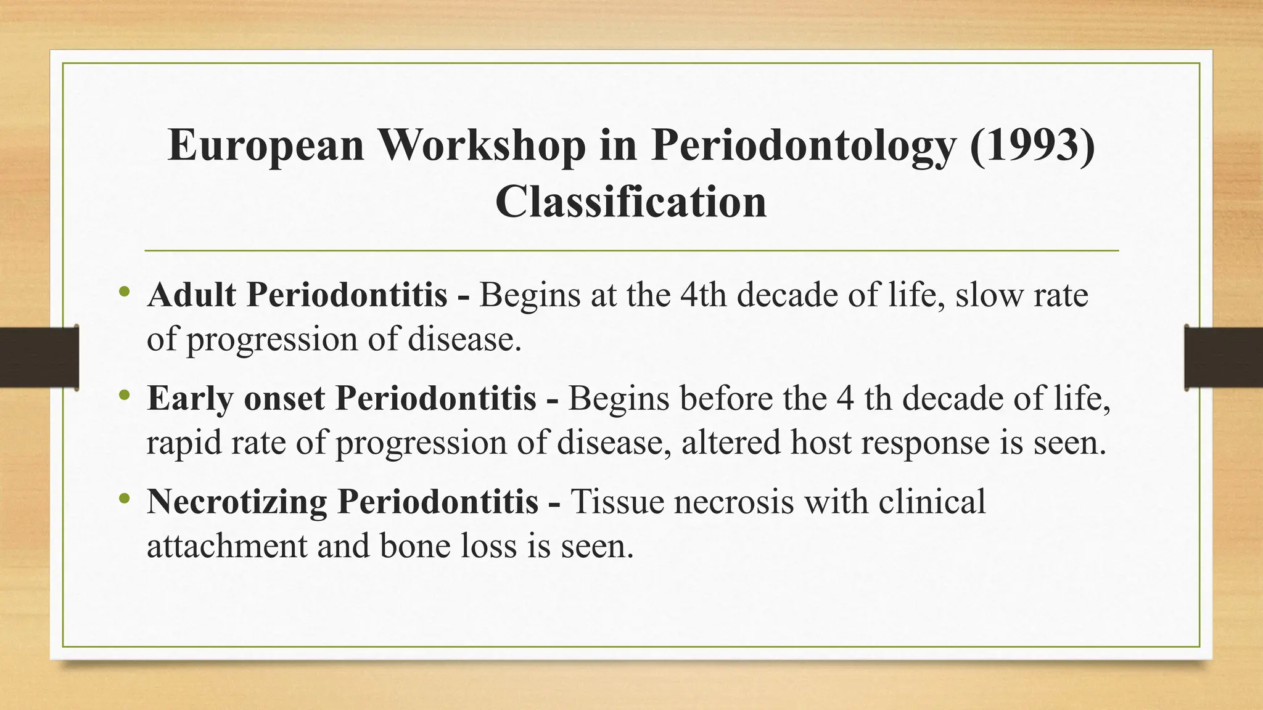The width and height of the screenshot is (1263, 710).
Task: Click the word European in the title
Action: click(x=266, y=145)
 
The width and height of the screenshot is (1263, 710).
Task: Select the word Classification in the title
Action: click(x=631, y=202)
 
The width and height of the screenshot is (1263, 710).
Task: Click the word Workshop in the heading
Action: click(x=482, y=145)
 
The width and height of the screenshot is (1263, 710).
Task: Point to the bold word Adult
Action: click(x=192, y=295)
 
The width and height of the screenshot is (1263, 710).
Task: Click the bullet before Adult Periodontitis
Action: click(x=125, y=291)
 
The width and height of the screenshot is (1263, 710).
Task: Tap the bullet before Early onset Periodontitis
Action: click(x=125, y=394)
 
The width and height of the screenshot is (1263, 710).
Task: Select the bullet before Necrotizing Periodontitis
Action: click(x=125, y=498)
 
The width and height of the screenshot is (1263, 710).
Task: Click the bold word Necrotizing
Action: click(x=237, y=502)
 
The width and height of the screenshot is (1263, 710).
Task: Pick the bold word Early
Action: click(x=190, y=398)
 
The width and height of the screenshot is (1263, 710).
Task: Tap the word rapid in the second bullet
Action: click(x=184, y=443)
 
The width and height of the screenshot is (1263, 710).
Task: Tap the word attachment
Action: click(x=227, y=546)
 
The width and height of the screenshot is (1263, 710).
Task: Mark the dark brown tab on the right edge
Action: click(x=1224, y=357)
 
